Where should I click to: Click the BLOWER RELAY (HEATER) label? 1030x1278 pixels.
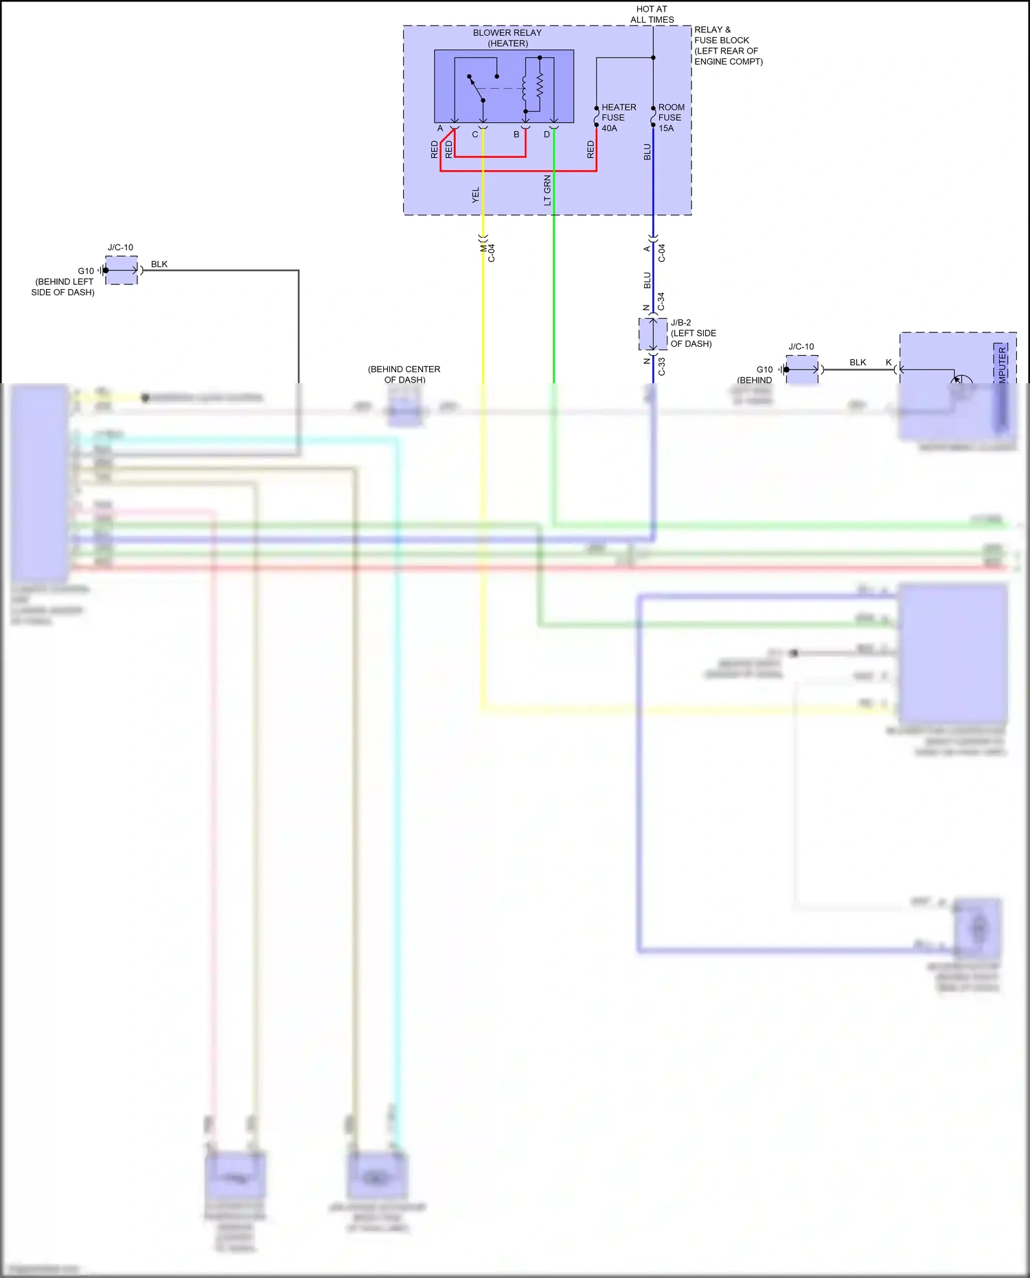[507, 38]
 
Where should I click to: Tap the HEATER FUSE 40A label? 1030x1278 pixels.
[618, 117]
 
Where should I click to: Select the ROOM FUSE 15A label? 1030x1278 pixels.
[671, 117]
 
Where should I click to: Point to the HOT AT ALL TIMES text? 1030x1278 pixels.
[652, 14]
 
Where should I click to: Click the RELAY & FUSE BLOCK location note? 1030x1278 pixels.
[728, 45]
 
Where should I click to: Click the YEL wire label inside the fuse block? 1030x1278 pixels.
[476, 195]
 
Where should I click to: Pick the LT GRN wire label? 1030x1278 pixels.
[547, 190]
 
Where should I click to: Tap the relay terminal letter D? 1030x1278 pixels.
[547, 135]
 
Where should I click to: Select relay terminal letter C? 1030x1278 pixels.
[474, 135]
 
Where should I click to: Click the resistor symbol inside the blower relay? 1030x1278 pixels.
[540, 86]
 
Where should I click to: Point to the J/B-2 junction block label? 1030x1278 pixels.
[692, 333]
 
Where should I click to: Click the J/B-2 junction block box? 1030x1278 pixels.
[653, 334]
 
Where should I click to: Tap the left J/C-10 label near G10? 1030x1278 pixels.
[120, 247]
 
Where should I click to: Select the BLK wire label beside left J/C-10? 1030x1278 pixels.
[159, 264]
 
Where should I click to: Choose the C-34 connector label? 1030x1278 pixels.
[661, 301]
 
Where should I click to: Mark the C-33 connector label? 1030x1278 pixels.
[661, 367]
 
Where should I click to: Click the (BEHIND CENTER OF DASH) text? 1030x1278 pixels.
[404, 374]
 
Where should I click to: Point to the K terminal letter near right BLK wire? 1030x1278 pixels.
[889, 363]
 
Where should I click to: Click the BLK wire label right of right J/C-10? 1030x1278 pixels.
[858, 363]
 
